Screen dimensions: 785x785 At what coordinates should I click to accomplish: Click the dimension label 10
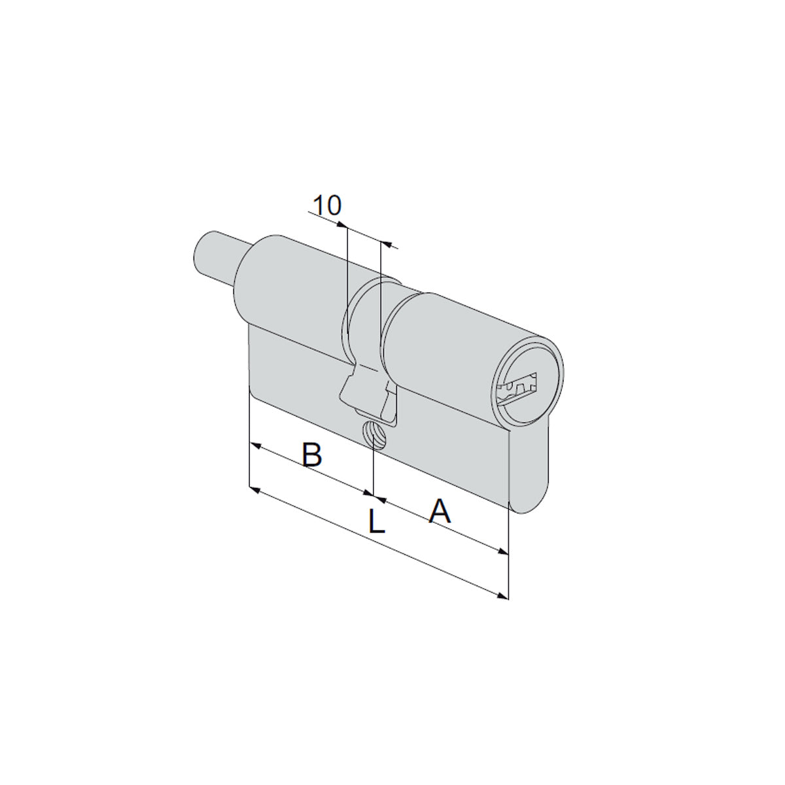(328, 205)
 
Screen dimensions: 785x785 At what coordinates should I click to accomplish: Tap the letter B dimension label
(313, 453)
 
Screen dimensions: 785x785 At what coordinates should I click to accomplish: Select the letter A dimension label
(440, 511)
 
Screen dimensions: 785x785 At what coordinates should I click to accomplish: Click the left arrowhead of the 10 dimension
(341, 224)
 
